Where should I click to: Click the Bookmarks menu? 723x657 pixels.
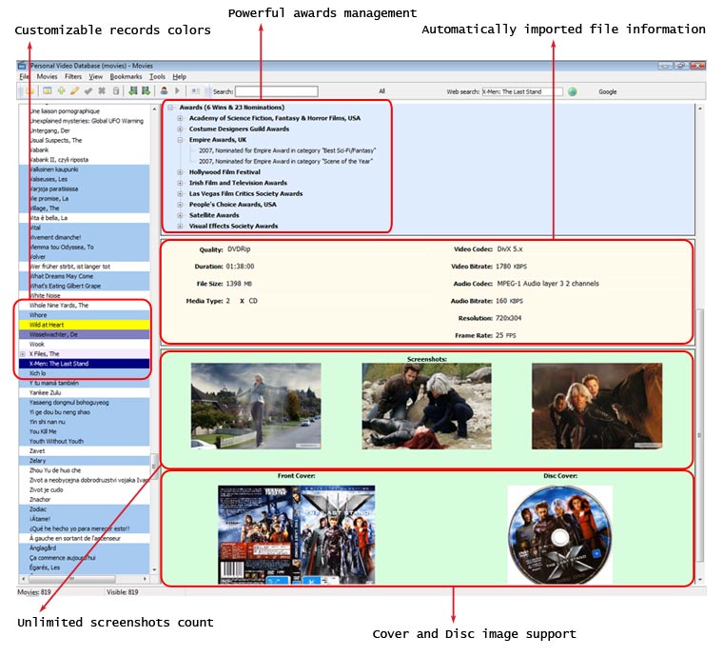click(x=126, y=76)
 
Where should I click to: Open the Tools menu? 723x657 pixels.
click(x=157, y=76)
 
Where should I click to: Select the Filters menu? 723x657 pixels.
click(x=73, y=76)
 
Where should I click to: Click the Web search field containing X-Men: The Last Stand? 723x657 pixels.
click(x=523, y=91)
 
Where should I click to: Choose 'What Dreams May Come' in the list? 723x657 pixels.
click(x=62, y=276)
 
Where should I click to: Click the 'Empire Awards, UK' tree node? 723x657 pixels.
click(x=217, y=139)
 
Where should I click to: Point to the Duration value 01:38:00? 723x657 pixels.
click(x=241, y=267)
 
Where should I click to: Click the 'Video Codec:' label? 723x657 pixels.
click(x=471, y=249)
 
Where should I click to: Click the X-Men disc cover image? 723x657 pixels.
click(x=559, y=532)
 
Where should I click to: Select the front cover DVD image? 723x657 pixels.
click(x=297, y=532)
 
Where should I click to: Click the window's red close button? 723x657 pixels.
click(x=697, y=65)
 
